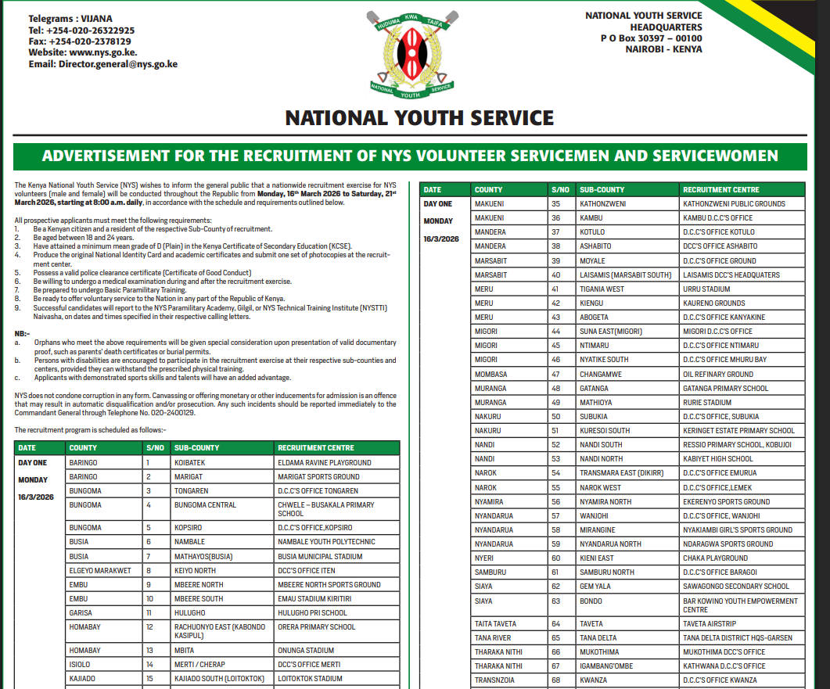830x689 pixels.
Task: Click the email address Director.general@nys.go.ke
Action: pyautogui.click(x=117, y=64)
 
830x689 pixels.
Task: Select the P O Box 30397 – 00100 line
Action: pyautogui.click(x=651, y=38)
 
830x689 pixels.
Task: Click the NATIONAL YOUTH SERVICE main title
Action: pyautogui.click(x=419, y=118)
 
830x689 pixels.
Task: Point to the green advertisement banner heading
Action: pyautogui.click(x=410, y=156)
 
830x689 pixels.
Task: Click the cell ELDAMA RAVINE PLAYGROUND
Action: pyautogui.click(x=325, y=462)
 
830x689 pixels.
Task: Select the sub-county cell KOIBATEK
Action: pyautogui.click(x=191, y=462)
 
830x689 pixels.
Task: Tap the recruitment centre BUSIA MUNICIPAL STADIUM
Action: pyautogui.click(x=320, y=556)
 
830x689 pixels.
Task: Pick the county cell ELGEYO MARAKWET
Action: pyautogui.click(x=100, y=570)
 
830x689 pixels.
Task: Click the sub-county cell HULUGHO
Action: pyautogui.click(x=190, y=612)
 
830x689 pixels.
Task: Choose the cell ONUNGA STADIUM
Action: pyautogui.click(x=305, y=650)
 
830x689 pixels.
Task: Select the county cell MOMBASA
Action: pyautogui.click(x=490, y=374)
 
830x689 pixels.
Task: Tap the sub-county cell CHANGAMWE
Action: pyautogui.click(x=601, y=374)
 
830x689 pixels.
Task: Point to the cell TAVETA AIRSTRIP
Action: pyautogui.click(x=710, y=623)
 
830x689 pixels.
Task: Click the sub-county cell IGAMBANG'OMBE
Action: pyautogui.click(x=607, y=666)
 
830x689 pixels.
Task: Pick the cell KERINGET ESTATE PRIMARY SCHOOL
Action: pyautogui.click(x=738, y=430)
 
